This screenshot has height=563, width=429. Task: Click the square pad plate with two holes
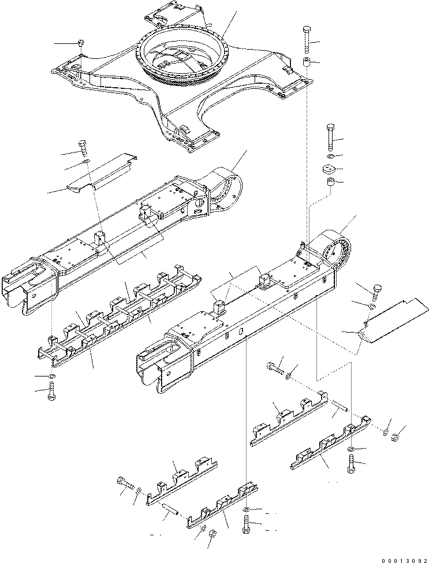[330, 172]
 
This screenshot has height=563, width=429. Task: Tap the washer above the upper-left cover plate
[84, 168]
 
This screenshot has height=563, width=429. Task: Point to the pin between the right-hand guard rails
[339, 406]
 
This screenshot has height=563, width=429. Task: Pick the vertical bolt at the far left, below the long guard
[53, 396]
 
